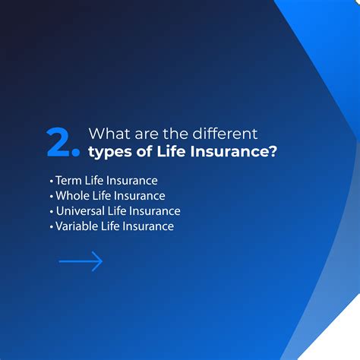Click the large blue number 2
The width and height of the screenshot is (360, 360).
tap(58, 142)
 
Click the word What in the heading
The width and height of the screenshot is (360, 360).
tap(106, 135)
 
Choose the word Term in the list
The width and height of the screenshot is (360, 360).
tap(68, 181)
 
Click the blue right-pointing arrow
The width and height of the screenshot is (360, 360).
tap(81, 262)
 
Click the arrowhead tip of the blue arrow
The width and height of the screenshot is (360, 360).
tap(101, 262)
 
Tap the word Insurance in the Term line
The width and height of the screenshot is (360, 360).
tap(132, 181)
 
